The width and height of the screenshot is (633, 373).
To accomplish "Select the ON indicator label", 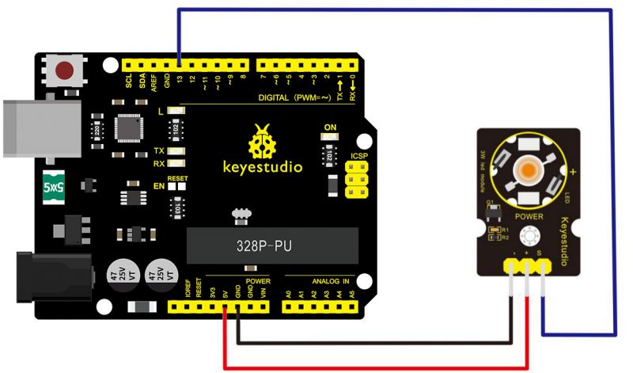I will pos(330,127).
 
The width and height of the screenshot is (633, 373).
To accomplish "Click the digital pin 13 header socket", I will pos(180,64).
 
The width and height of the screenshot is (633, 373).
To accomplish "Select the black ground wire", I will pos(380,343).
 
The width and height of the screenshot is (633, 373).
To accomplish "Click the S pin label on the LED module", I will pos(540,254).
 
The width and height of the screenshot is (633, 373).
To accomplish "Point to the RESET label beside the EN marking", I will pos(177,178).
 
